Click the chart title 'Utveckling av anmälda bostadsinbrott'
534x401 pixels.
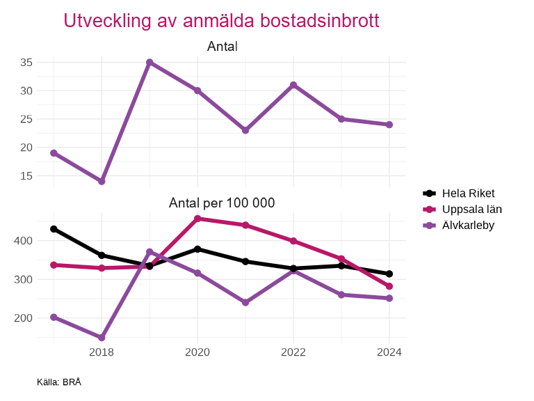click(x=221, y=21)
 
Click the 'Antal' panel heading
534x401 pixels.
click(x=222, y=47)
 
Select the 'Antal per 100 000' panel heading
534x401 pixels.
click(x=222, y=203)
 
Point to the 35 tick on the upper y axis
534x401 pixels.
click(x=26, y=63)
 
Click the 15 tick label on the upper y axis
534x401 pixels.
click(x=26, y=175)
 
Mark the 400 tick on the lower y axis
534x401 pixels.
click(x=24, y=241)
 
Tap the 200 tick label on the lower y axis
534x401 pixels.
click(x=24, y=318)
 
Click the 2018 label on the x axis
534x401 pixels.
click(x=102, y=352)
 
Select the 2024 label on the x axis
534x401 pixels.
click(x=389, y=352)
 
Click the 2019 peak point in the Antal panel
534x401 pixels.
click(x=149, y=63)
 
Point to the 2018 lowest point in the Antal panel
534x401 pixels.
click(x=102, y=181)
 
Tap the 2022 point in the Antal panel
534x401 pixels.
click(x=293, y=85)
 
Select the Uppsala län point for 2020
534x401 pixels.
click(x=197, y=219)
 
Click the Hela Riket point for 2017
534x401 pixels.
click(x=54, y=229)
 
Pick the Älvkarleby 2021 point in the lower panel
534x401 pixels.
click(x=245, y=302)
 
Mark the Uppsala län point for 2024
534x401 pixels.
click(x=389, y=286)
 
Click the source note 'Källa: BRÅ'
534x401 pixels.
click(x=59, y=382)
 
